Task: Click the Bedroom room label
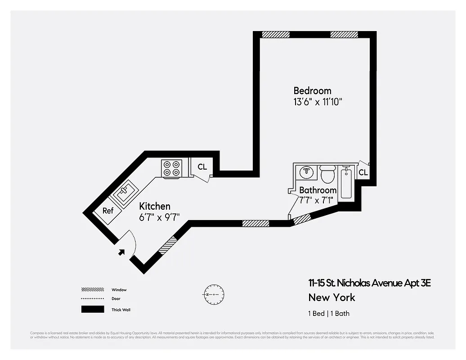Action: (x=312, y=90)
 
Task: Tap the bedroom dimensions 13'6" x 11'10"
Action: (x=318, y=102)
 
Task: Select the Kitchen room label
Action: (x=155, y=206)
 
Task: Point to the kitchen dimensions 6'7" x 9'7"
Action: (x=160, y=216)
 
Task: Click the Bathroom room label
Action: (x=318, y=190)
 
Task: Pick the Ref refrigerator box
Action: (x=108, y=211)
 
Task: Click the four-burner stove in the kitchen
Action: (x=172, y=168)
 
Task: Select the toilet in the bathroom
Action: (x=327, y=174)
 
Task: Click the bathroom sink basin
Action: (x=307, y=172)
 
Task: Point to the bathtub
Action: (x=346, y=182)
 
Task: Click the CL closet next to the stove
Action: (x=202, y=167)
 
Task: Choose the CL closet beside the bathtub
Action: (x=363, y=172)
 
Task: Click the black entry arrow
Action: (x=121, y=252)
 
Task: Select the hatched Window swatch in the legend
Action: (x=92, y=290)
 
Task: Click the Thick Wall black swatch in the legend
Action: (x=92, y=310)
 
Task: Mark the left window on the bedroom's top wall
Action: (x=276, y=34)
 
